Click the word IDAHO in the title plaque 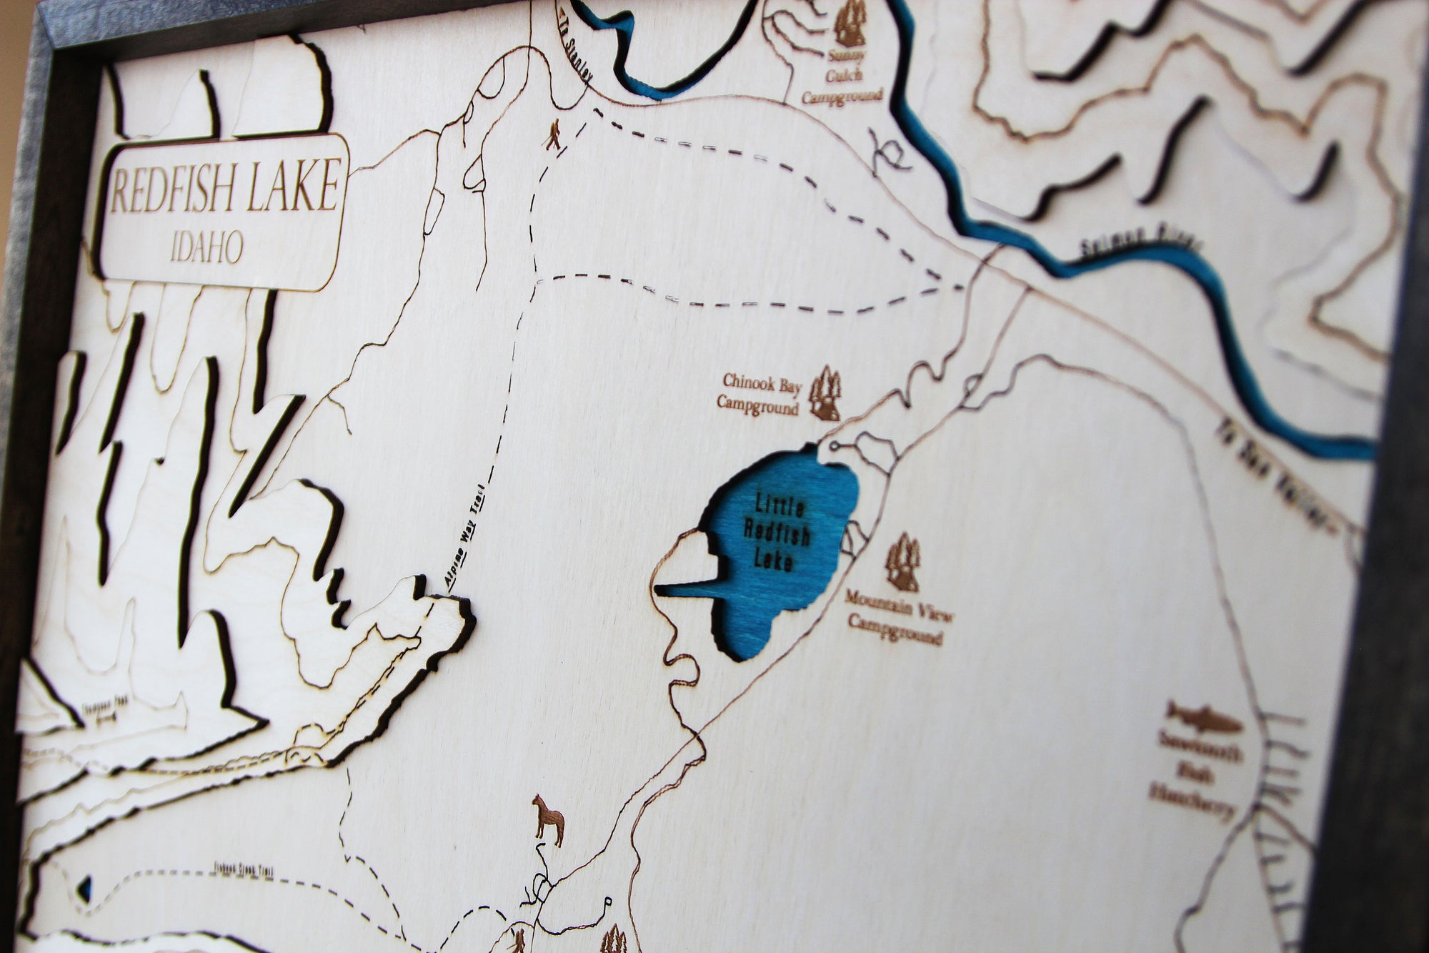[207, 248]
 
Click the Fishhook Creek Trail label [243, 871]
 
